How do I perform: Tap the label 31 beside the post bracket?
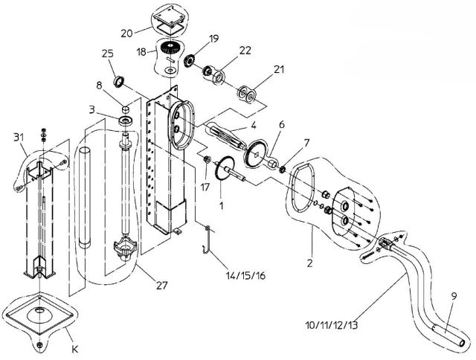[19, 138]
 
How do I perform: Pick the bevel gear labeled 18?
[171, 52]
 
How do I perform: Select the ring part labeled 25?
[118, 80]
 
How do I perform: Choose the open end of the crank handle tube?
[465, 343]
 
